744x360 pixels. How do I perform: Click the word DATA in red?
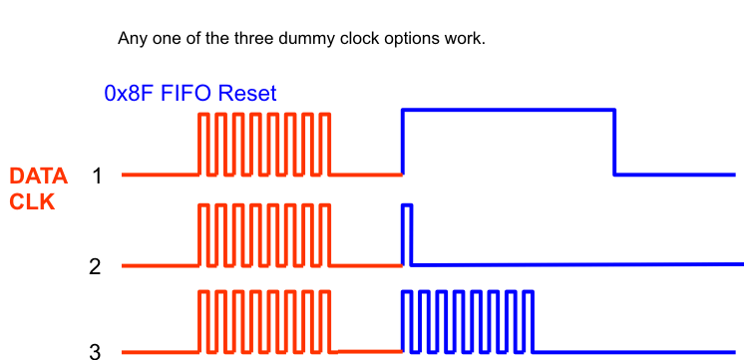[38, 177]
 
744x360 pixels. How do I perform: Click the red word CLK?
[31, 200]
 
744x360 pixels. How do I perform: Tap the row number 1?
[97, 177]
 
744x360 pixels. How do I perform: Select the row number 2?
[95, 266]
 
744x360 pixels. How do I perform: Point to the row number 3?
[95, 351]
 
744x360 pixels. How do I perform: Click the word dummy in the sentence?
[298, 40]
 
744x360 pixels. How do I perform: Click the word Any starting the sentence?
[131, 40]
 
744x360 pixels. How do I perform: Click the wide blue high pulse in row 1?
[508, 111]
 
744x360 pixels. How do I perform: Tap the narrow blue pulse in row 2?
[407, 234]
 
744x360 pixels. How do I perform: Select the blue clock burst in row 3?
[468, 321]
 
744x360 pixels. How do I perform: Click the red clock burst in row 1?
[265, 144]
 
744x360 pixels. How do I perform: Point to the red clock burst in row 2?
[265, 235]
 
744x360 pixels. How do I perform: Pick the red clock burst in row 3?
[265, 321]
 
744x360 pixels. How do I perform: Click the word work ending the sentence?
[465, 40]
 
